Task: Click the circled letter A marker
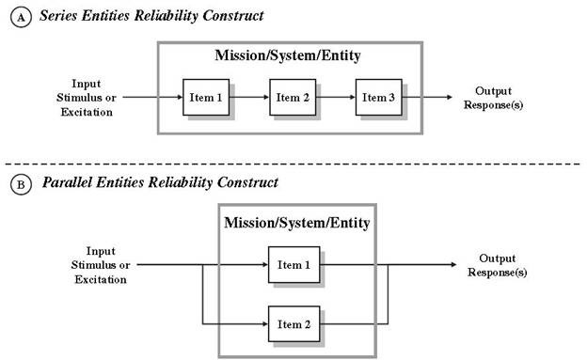[21, 18]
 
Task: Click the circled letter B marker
[21, 184]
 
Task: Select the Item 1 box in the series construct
[206, 98]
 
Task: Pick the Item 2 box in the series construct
[293, 98]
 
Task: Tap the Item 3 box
[378, 98]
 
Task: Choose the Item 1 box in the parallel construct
[293, 264]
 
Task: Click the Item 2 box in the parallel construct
[293, 324]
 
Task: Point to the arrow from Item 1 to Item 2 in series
[249, 98]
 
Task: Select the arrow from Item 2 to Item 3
[336, 98]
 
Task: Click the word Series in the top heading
[58, 16]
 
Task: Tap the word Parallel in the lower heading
[67, 182]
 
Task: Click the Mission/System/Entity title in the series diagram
[288, 55]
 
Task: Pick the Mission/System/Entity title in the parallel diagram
[297, 223]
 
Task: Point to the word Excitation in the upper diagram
[87, 112]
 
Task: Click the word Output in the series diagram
[494, 91]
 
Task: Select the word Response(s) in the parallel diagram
[497, 273]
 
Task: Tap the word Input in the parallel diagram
[101, 252]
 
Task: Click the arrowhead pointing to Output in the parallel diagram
[453, 264]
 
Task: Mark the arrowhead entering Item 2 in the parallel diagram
[265, 324]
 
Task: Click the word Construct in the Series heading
[233, 16]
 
